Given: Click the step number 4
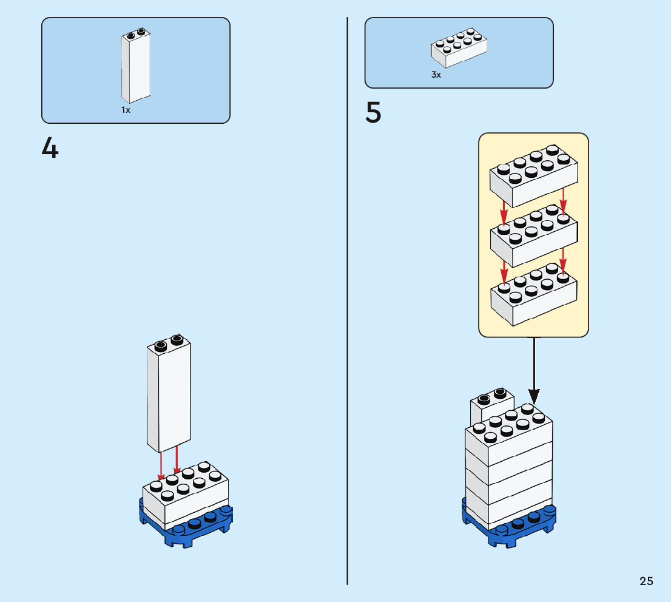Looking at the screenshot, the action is (50, 147).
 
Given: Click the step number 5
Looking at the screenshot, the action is (373, 112).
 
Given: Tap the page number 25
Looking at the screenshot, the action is (646, 581).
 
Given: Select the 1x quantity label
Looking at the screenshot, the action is (126, 110).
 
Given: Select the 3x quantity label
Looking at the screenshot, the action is (436, 75).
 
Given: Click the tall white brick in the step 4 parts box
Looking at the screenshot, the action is (136, 66).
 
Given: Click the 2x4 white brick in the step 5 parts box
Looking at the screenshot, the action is (459, 48).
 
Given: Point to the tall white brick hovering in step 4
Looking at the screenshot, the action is (169, 393).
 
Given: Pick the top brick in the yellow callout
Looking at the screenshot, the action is (534, 176).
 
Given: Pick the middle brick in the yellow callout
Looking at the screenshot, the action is (534, 236).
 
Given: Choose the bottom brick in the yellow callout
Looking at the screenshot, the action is (534, 294).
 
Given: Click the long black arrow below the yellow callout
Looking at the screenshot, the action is (534, 370).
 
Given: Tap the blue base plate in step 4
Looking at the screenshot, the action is (186, 524).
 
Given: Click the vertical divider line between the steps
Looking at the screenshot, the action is (347, 301).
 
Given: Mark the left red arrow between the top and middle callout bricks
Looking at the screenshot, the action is (504, 213).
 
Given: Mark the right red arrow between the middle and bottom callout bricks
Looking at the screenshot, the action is (563, 260).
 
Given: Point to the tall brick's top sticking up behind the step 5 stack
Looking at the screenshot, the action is (491, 405).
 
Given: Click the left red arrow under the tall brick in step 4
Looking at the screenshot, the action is (161, 466).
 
